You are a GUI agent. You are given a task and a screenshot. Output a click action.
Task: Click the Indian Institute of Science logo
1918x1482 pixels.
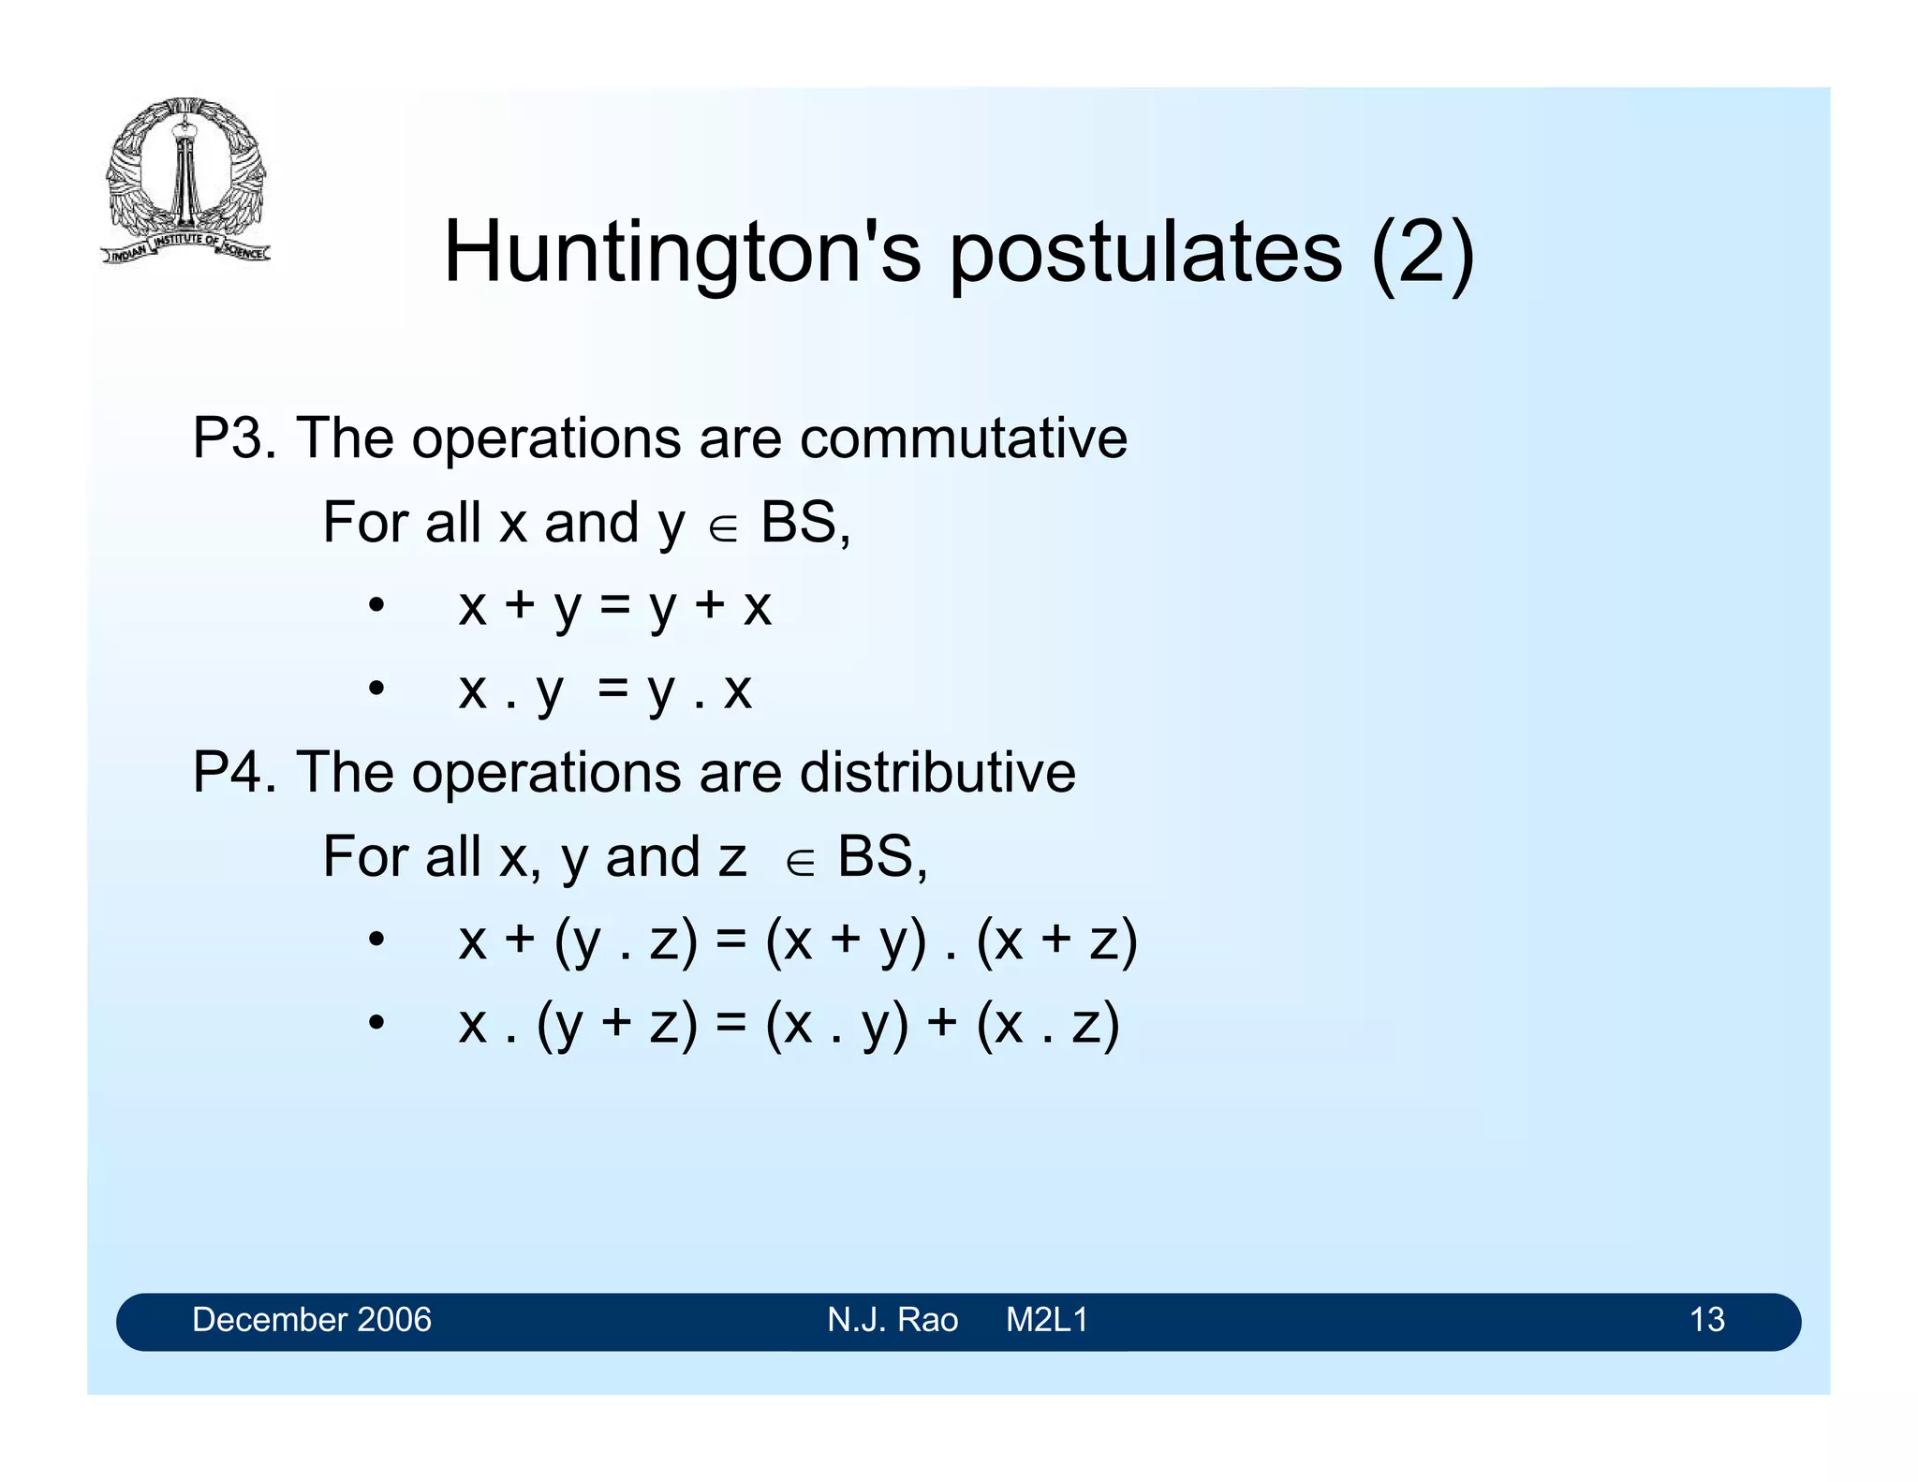(185, 181)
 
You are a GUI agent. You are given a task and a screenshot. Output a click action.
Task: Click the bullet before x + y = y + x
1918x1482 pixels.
(376, 606)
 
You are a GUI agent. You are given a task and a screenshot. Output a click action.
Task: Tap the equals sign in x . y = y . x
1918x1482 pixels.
(612, 689)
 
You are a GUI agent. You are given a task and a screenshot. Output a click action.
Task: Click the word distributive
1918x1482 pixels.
(937, 773)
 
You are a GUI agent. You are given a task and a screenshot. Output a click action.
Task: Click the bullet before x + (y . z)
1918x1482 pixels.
(376, 941)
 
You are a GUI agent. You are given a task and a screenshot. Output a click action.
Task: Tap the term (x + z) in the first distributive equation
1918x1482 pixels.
(1056, 941)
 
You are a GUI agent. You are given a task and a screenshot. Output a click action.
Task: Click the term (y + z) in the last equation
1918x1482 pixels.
(617, 1024)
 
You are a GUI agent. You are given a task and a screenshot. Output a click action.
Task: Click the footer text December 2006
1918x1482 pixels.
(312, 1320)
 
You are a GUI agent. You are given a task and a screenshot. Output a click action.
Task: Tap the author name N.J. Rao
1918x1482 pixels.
(893, 1320)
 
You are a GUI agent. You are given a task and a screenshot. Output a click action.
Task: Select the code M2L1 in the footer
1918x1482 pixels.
(1047, 1320)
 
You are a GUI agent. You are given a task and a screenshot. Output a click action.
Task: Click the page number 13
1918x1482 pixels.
(1706, 1320)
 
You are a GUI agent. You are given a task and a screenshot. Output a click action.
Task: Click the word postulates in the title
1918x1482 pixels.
(1145, 253)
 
